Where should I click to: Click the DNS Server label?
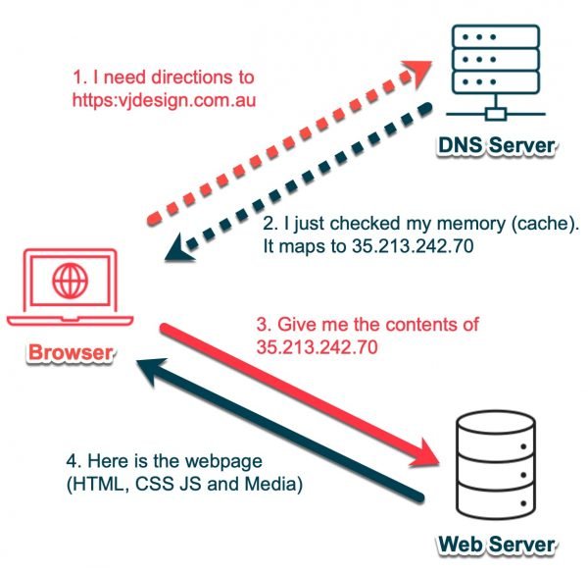pos(498,148)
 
